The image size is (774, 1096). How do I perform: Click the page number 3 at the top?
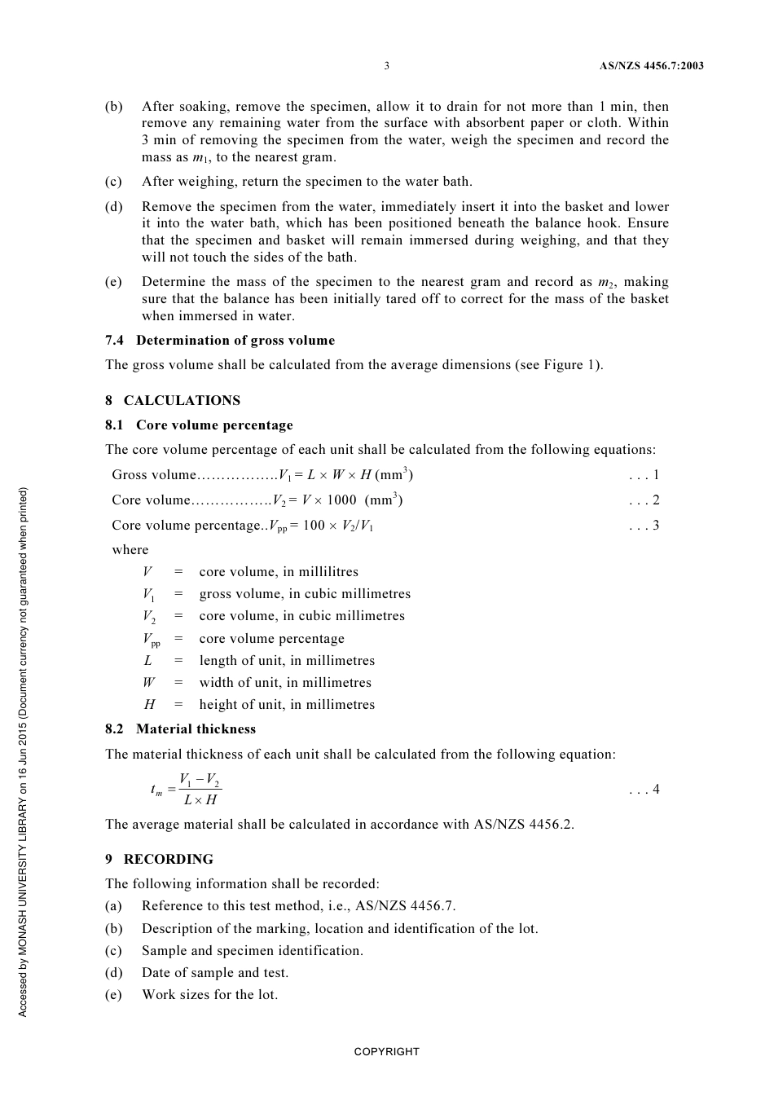click(386, 66)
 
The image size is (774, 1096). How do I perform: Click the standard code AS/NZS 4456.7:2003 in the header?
click(651, 66)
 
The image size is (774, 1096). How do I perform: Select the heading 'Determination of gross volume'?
click(235, 341)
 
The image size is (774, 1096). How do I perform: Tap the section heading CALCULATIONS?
click(182, 401)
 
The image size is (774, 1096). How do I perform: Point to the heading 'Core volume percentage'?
click(214, 425)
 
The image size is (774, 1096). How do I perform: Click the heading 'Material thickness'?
click(196, 729)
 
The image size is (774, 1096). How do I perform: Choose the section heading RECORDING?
click(168, 860)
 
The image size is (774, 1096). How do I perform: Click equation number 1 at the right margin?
click(655, 475)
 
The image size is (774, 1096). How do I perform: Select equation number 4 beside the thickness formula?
click(655, 790)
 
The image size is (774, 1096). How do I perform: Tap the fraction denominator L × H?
click(200, 800)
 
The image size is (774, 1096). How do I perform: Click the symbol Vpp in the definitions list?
click(152, 640)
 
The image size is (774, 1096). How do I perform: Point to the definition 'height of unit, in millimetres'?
click(287, 705)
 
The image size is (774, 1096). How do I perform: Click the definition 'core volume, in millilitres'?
click(279, 572)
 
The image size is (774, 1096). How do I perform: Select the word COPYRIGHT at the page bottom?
click(386, 1052)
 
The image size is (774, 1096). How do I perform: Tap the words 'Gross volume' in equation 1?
click(154, 475)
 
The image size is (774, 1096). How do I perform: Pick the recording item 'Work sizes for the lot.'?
click(209, 995)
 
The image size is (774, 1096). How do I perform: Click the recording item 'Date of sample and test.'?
click(215, 973)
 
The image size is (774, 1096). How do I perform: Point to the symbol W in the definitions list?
click(148, 683)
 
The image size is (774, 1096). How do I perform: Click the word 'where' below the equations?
click(130, 550)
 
